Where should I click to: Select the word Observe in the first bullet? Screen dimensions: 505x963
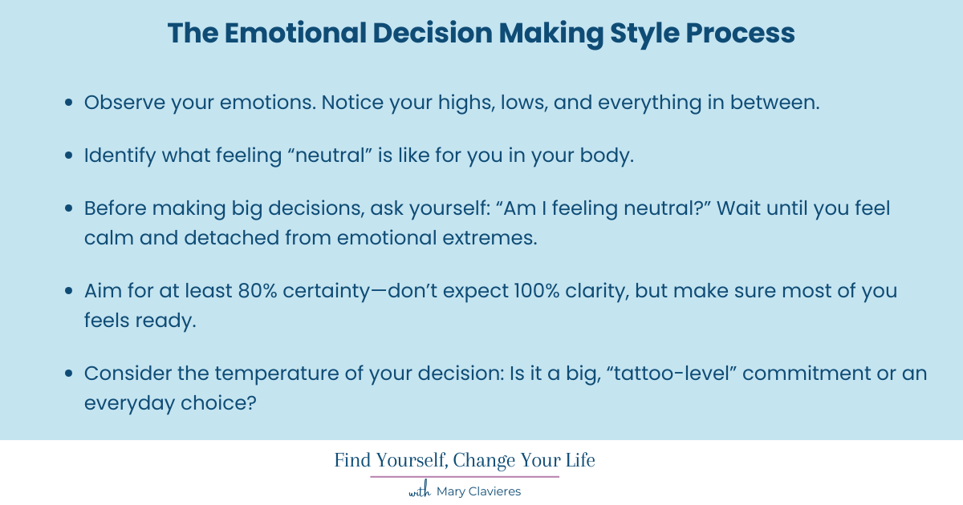[118, 103]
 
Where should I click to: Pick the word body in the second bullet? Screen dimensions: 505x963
[609, 155]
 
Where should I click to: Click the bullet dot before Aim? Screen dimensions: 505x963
[70, 292]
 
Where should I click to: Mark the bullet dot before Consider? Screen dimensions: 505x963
[70, 375]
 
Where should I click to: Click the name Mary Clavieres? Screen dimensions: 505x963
[478, 491]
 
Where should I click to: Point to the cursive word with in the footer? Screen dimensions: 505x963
[420, 491]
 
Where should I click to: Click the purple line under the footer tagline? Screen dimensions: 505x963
[465, 477]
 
